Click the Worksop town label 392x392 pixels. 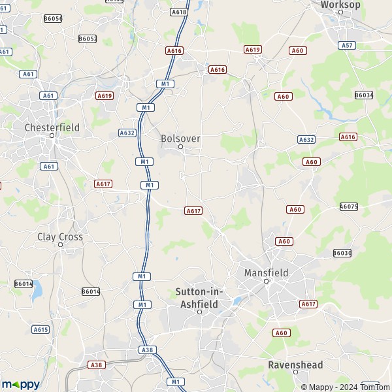click(340, 5)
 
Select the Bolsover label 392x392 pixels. click(181, 139)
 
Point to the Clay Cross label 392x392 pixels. click(60, 237)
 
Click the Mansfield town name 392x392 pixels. click(266, 272)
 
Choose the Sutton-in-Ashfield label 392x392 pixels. click(200, 297)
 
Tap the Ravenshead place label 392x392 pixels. click(295, 365)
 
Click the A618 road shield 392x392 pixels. click(178, 12)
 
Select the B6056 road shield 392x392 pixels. click(53, 19)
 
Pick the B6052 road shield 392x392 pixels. click(88, 39)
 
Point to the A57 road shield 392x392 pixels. click(348, 45)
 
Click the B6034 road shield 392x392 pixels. click(364, 95)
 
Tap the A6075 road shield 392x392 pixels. click(349, 206)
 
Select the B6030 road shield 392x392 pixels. click(342, 253)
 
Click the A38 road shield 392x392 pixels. click(96, 365)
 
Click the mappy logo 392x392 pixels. click(20, 384)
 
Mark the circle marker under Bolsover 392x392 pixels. click(181, 147)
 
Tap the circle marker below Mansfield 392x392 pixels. click(266, 282)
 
